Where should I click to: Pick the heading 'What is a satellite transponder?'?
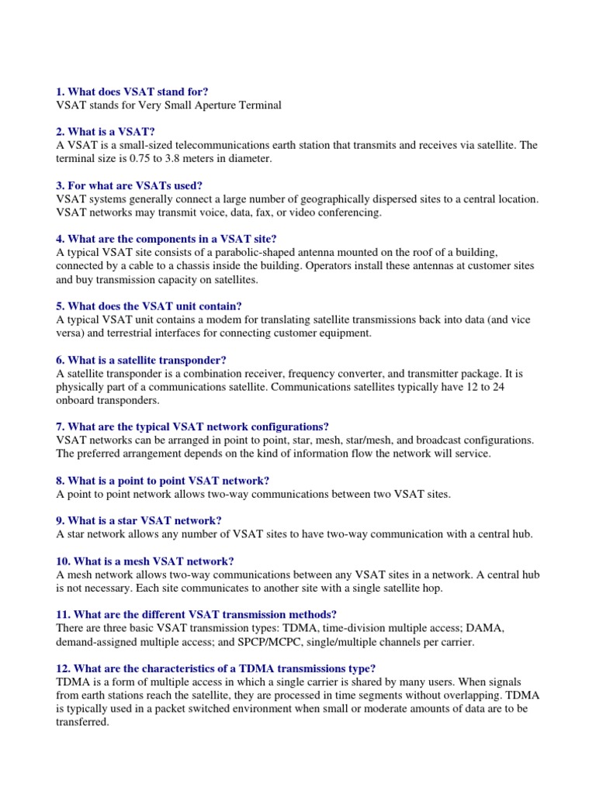(x=147, y=359)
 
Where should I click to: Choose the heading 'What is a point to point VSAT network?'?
(x=168, y=480)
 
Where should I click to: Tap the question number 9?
(x=61, y=520)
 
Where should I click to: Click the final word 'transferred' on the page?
(x=83, y=721)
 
